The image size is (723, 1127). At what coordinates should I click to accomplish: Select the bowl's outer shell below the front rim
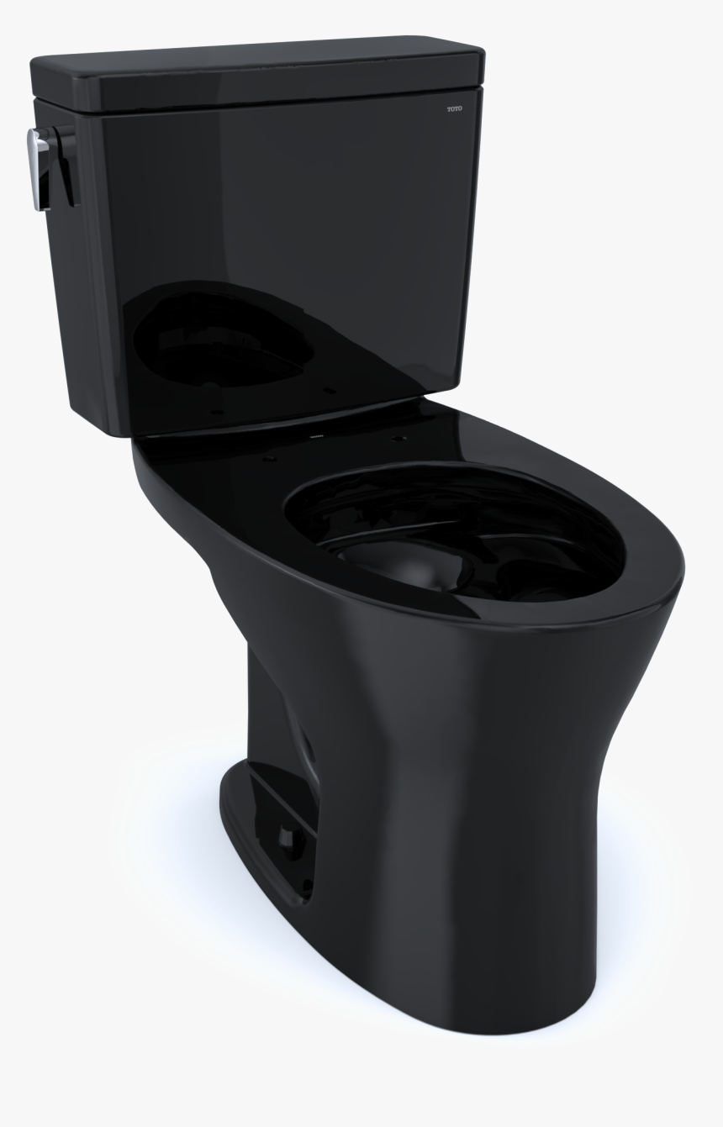pos(504,672)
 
